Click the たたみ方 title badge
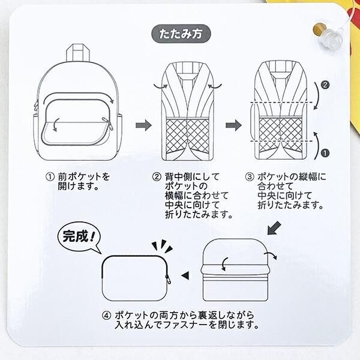click(180, 34)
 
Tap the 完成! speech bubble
click(77, 236)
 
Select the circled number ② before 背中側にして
click(155, 178)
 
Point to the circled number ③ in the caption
click(250, 178)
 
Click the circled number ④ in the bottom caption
click(107, 315)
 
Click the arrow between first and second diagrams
click(143, 125)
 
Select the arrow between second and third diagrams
click(233, 125)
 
